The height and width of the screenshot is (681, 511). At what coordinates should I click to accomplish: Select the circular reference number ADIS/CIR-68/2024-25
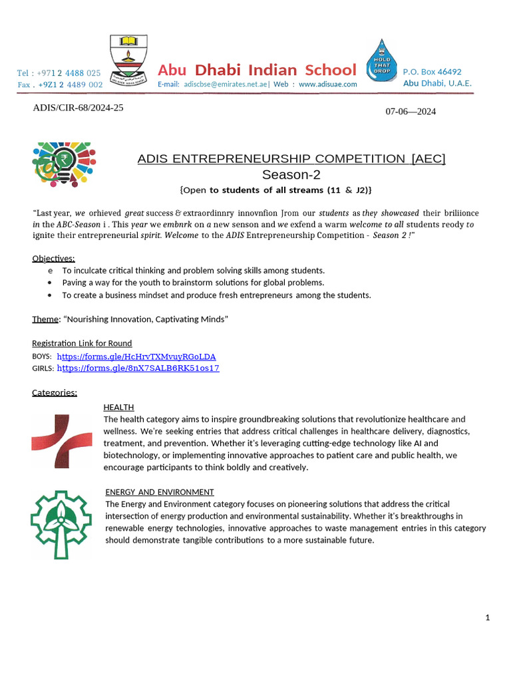click(x=78, y=108)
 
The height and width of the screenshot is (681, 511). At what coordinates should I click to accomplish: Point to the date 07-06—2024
click(x=411, y=111)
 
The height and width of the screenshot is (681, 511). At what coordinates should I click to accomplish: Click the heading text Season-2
click(x=291, y=175)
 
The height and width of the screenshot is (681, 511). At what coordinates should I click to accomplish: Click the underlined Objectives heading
click(x=53, y=258)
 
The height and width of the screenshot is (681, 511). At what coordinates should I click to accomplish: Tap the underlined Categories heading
click(x=55, y=392)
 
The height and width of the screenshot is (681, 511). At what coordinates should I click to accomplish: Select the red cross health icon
click(x=62, y=441)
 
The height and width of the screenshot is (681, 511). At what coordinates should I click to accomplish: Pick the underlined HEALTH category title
click(x=118, y=407)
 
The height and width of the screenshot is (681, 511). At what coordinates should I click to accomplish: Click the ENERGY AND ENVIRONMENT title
click(x=160, y=492)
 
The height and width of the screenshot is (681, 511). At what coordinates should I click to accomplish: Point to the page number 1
click(x=488, y=618)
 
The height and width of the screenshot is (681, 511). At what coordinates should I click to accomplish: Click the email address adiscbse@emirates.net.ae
click(x=226, y=84)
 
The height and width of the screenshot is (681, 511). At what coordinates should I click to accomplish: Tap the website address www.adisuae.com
click(x=328, y=84)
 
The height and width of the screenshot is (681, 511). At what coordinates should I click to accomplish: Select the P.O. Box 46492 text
click(x=432, y=72)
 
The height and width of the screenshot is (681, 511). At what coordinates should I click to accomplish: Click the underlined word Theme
click(x=45, y=319)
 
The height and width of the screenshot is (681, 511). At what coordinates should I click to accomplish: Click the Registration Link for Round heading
click(x=82, y=343)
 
